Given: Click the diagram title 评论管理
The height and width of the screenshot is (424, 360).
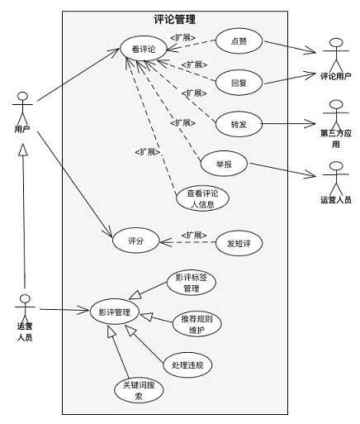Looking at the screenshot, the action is pos(175,20).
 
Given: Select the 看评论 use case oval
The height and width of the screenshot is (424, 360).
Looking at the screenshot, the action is pos(144,49).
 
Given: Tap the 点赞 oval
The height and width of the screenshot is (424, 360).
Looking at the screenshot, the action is pos(239,41).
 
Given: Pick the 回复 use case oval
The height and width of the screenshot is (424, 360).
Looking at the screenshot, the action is pos(239,83).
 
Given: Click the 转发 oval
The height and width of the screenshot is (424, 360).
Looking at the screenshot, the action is pos(239,124).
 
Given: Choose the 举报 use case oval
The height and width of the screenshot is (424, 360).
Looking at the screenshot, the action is pos(224,164).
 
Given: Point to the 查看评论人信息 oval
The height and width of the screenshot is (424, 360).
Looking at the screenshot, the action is pos(202,198).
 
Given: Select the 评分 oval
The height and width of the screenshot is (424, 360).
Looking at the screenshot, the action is pos(135,241).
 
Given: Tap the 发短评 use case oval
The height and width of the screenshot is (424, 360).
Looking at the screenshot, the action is pos(239,243).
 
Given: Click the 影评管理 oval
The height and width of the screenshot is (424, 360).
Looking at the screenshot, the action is pos(114,312).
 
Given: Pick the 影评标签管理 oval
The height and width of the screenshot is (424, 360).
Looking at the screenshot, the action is pos(192,283).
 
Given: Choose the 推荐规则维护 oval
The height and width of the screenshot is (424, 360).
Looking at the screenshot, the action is pos(197,324).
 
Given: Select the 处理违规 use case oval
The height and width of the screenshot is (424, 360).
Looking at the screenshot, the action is pos(187,365).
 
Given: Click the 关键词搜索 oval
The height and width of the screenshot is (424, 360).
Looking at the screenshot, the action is pos(139,390).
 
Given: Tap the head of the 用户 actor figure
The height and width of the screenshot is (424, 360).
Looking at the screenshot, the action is pos(22,97).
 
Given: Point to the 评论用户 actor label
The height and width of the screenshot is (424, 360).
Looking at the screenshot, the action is pos(336,76).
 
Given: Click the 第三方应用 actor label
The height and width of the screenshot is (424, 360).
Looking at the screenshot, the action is pos(336,139).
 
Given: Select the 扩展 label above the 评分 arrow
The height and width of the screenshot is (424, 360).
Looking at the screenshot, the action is pos(194,236).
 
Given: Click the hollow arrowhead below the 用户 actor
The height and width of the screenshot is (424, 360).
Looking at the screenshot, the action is pos(23,150).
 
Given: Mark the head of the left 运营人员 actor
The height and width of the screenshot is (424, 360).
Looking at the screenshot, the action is pos(25,298).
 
